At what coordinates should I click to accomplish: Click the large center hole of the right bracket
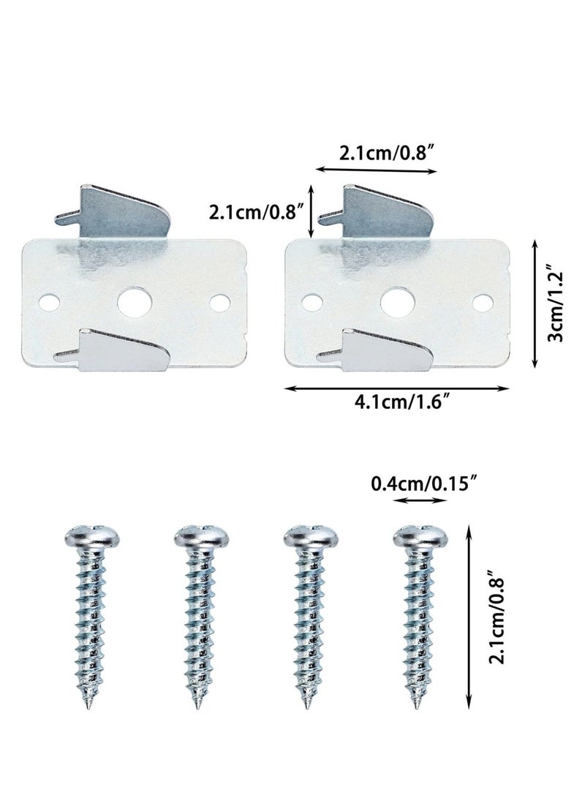[x=397, y=301]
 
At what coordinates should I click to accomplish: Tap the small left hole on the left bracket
[x=48, y=301]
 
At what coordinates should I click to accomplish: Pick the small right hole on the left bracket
[x=218, y=301]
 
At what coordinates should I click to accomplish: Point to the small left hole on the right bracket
[x=312, y=301]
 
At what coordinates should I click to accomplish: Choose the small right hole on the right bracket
[x=482, y=301]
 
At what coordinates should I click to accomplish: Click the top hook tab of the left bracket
[x=121, y=212]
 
